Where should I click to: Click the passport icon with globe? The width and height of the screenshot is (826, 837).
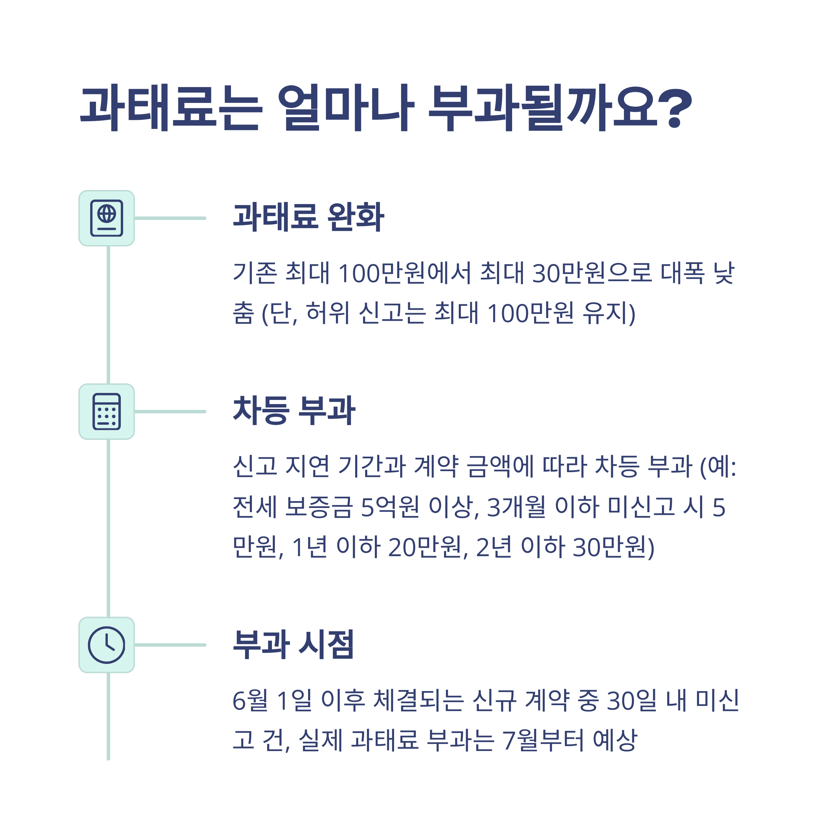[107, 218]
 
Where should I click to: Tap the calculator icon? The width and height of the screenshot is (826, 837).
[107, 412]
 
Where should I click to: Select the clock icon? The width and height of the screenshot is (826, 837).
[107, 645]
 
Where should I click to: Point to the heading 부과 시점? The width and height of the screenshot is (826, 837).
[293, 645]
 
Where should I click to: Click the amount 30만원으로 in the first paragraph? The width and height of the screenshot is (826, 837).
[591, 273]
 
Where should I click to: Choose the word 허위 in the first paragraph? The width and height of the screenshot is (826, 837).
[327, 313]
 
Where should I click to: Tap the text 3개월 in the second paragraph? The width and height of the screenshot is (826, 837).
[516, 507]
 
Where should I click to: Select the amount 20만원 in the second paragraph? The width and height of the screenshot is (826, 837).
[425, 547]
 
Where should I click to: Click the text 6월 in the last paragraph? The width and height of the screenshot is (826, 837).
[250, 700]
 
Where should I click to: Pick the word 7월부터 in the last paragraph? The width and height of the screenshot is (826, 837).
[543, 740]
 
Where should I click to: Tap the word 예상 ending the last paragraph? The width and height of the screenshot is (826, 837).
[615, 740]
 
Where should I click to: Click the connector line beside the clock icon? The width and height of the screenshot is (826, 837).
[170, 645]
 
